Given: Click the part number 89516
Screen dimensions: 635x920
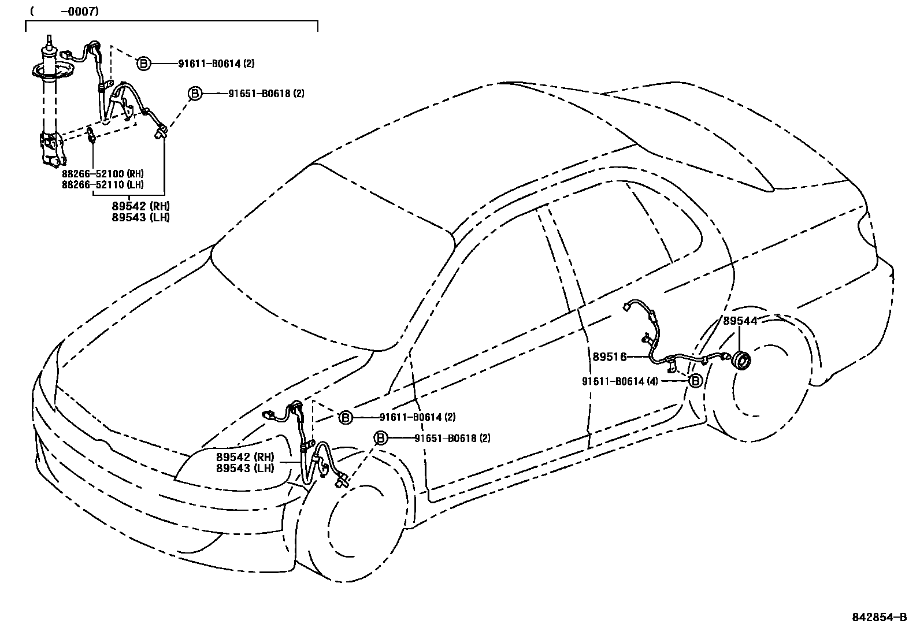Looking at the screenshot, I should pos(609,357).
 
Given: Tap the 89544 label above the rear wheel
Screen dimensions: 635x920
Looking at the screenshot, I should pos(740,321).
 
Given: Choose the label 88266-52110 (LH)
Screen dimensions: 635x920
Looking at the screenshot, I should pos(103,184).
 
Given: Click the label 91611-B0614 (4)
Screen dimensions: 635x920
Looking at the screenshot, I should pos(620,381).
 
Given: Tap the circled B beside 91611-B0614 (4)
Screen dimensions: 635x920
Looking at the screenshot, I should pos(696,381).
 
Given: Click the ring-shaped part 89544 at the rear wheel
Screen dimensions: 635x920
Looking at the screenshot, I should pos(741,361).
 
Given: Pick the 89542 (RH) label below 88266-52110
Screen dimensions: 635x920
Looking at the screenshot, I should pos(140,206).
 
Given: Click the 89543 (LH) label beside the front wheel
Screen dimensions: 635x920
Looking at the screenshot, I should pos(245,468).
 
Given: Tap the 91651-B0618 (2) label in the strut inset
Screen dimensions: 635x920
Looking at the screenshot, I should pos(266,93).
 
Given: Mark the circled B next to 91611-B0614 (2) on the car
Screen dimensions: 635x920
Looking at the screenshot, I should pos(345,417).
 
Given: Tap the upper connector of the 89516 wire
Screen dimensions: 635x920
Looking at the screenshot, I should pos(627,307).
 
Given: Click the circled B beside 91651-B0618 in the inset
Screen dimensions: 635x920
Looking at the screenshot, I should pos(195,93).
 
